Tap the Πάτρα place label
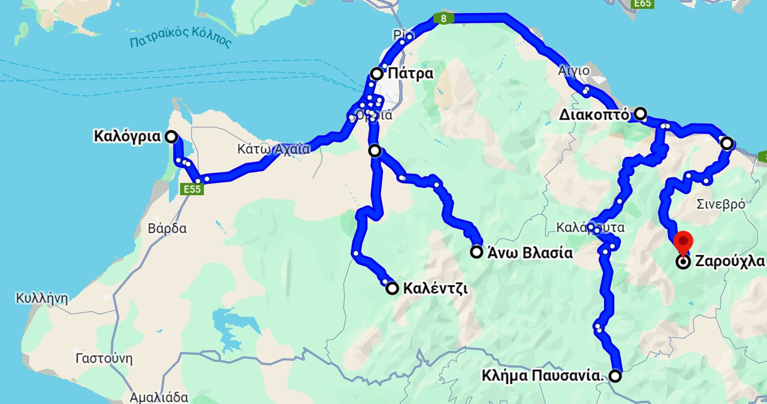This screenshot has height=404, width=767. pos(410,74)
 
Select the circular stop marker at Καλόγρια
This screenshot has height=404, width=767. pos(171,136)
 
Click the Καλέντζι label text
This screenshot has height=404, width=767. pos(435,288)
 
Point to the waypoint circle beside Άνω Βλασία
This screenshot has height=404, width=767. pos(476,252)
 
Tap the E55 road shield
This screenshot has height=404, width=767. pos(192,189)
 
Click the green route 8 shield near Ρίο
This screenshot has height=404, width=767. pos(443,19)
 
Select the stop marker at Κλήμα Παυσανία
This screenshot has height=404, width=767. pos(615,376)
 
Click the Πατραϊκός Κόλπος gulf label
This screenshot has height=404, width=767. pos(180,41)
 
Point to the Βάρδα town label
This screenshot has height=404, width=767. pos(167,229)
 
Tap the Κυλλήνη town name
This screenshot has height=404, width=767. pos(42,297)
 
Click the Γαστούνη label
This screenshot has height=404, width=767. pos(104,359)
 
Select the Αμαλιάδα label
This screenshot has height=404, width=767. pos(159,397)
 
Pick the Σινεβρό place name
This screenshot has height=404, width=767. pos(721,205)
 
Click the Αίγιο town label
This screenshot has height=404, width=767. pos(573,71)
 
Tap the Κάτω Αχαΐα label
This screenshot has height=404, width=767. pos(274,149)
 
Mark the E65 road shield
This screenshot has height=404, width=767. pos(642,4)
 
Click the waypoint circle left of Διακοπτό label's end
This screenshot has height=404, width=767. pos(641,113)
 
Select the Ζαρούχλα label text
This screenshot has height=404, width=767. pos(729,262)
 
